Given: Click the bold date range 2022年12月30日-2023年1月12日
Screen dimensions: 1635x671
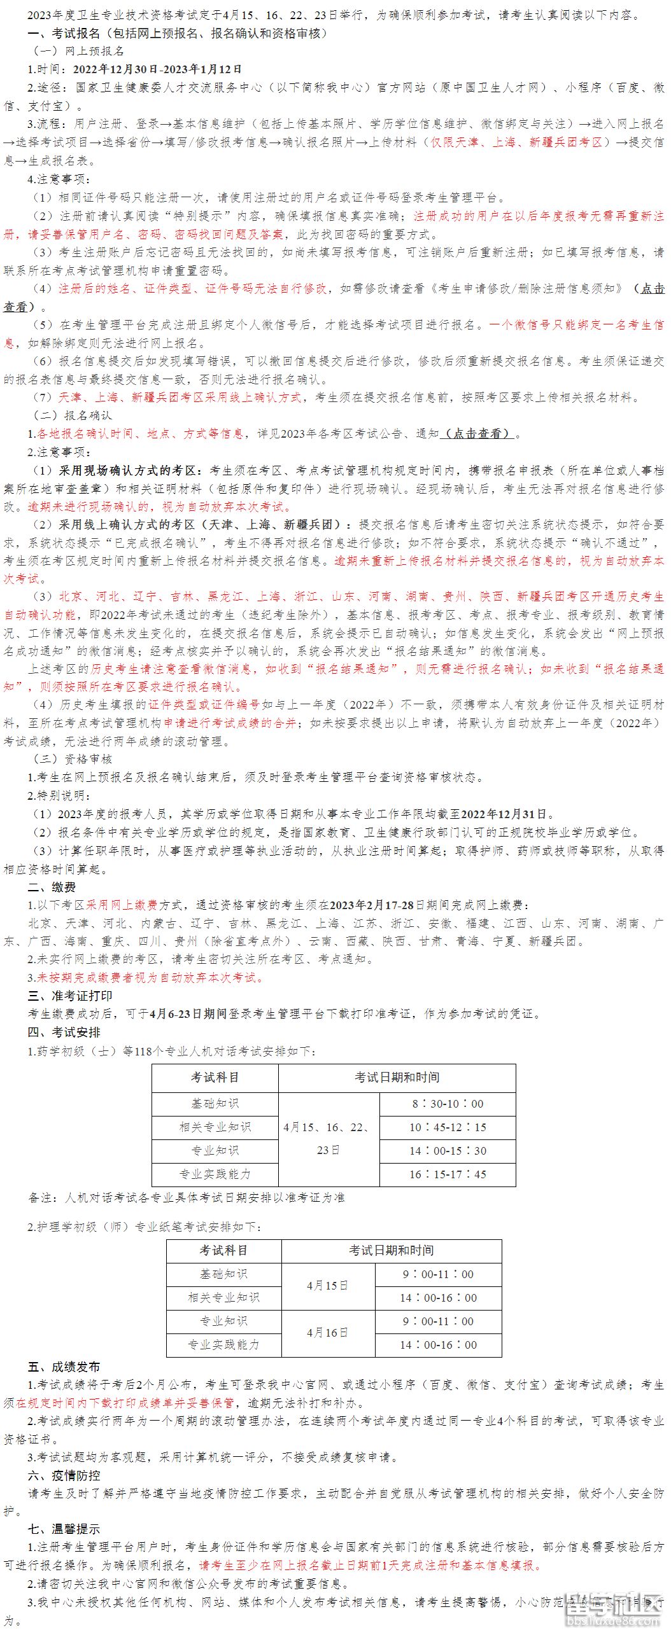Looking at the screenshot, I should pyautogui.click(x=157, y=69).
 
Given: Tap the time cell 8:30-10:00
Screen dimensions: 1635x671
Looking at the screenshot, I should pyautogui.click(x=448, y=1104).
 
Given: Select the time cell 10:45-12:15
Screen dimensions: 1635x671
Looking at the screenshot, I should pyautogui.click(x=448, y=1127).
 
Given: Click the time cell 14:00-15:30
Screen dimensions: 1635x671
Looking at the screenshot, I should pyautogui.click(x=448, y=1151).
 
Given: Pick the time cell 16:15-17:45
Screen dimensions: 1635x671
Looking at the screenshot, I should pyautogui.click(x=448, y=1174).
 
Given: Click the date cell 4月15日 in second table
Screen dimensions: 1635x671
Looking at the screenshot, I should pyautogui.click(x=328, y=1286).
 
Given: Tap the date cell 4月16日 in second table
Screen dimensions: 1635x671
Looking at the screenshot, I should pyautogui.click(x=328, y=1333).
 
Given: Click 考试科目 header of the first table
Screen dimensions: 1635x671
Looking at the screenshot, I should pyautogui.click(x=215, y=1077).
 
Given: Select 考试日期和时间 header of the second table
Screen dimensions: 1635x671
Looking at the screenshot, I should pyautogui.click(x=392, y=1251).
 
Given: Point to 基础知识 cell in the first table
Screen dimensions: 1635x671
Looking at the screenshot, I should pyautogui.click(x=215, y=1104).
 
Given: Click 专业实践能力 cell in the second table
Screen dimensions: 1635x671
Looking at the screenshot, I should pyautogui.click(x=223, y=1345).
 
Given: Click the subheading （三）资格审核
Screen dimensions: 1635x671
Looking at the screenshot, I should pyautogui.click(x=72, y=759).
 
